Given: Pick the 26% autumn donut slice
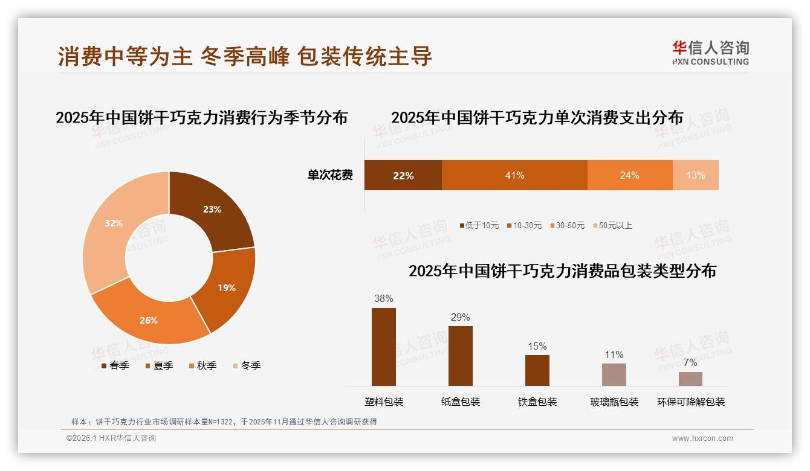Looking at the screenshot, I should coord(149,319).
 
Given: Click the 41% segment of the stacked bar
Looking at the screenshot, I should coord(514,175).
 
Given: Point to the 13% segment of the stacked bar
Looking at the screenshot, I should coord(695,175).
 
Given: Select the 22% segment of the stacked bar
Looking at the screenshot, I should coord(403,175).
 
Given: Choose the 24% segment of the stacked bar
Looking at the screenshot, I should coord(629,175).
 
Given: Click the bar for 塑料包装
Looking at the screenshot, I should coord(383,347).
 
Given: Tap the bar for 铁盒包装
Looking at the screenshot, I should coord(537,370).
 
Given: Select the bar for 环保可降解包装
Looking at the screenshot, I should coord(690,379).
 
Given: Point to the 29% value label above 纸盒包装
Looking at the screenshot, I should coord(460,317).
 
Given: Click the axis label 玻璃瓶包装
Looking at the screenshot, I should coord(614,402).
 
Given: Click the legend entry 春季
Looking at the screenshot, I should coord(115,365).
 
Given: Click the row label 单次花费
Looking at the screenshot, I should coord(330,175).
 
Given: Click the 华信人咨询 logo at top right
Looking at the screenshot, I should coord(710,53).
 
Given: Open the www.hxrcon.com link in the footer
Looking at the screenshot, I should coord(702,438).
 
